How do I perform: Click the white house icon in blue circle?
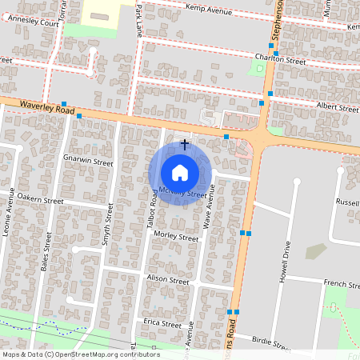[x=180, y=172]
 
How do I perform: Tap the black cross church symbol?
[x=186, y=145]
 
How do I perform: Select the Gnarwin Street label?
[x=88, y=161]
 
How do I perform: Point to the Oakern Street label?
[x=40, y=198]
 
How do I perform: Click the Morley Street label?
[x=175, y=238]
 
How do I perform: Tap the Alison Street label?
[x=167, y=281]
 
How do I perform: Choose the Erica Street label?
[x=162, y=324]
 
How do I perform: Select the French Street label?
[x=342, y=284]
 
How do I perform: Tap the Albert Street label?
[x=338, y=106]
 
